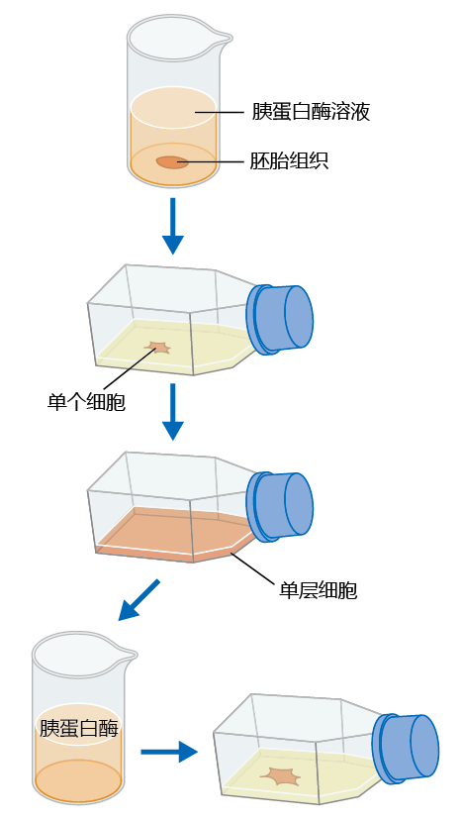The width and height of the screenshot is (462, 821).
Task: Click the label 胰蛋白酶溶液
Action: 311,112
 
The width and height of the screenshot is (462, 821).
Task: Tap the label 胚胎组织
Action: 289,160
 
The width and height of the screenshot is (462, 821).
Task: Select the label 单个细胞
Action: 86,402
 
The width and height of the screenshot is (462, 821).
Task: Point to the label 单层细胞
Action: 319,590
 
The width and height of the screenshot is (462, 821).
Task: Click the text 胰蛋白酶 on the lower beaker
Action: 79,728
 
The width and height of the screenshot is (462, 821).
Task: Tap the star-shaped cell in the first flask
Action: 157,348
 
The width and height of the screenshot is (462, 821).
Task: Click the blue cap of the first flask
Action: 280,319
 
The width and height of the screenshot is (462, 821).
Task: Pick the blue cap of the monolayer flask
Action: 280,506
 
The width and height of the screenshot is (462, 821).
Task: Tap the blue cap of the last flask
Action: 407,749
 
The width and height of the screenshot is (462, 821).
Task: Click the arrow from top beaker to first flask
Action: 173,225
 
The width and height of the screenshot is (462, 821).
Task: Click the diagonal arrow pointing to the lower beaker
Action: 139,600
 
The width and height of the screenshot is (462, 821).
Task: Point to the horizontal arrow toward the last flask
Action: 169,752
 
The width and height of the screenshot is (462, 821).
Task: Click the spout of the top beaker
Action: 224,38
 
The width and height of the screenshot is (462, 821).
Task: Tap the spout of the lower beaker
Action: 129,654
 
